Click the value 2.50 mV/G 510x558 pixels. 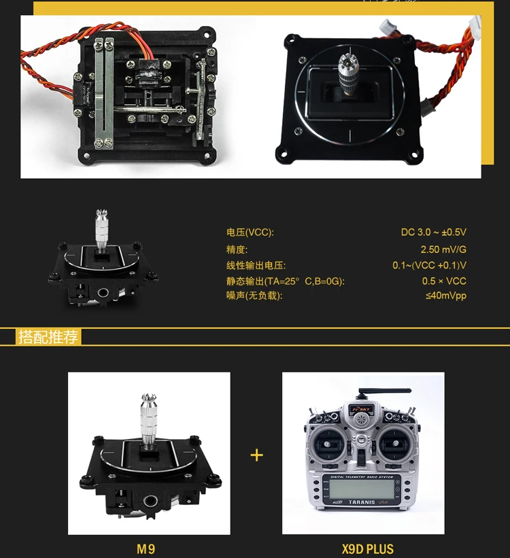click(443, 249)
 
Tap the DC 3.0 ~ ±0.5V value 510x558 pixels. click(433, 232)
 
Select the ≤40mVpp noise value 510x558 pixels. click(446, 296)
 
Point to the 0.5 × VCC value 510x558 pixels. click(444, 281)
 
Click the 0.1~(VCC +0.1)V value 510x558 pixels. click(430, 266)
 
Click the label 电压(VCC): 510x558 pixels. click(250, 232)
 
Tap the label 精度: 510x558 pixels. click(237, 249)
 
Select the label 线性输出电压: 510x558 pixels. click(256, 266)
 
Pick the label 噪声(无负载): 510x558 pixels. click(254, 296)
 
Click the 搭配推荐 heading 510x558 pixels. click(48, 336)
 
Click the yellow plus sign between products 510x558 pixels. click(256, 455)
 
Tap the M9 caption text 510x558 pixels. click(146, 548)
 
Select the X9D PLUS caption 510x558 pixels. click(368, 548)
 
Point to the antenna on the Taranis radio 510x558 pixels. click(385, 391)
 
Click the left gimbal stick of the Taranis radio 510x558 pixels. click(326, 444)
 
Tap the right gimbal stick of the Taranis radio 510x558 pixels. click(394, 443)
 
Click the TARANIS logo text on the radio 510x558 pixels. click(362, 502)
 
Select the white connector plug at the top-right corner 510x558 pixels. click(475, 24)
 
